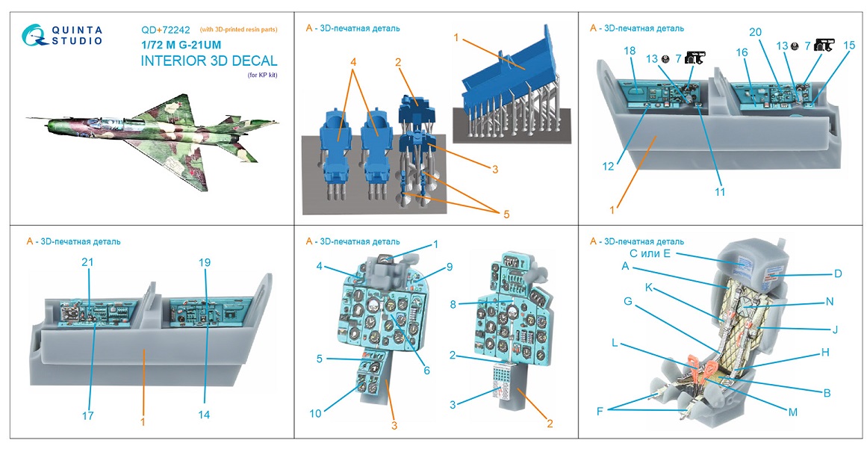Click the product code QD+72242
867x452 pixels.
pyautogui.click(x=166, y=30)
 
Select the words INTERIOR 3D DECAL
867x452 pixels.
pyautogui.click(x=208, y=61)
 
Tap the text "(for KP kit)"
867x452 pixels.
pyautogui.click(x=261, y=76)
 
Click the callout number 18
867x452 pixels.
pyautogui.click(x=630, y=50)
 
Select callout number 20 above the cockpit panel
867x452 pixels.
pyautogui.click(x=755, y=32)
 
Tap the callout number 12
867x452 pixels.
pyautogui.click(x=609, y=167)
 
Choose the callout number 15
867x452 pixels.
pyautogui.click(x=848, y=46)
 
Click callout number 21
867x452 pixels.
pyautogui.click(x=88, y=262)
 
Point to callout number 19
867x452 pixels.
pyautogui.click(x=205, y=262)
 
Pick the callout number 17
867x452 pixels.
pyautogui.click(x=88, y=415)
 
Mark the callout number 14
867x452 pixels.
pyautogui.click(x=205, y=415)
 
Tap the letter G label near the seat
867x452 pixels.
pyautogui.click(x=627, y=301)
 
